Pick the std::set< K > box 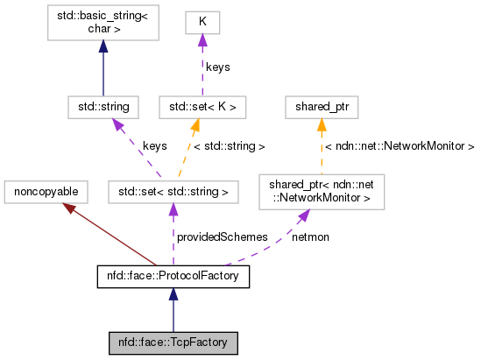click(202, 107)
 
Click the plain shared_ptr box click(322, 107)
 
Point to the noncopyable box click(42, 189)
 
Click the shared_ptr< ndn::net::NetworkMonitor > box click(322, 189)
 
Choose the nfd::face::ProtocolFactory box click(173, 278)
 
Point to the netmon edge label click(311, 237)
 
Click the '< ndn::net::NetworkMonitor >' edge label click(399, 146)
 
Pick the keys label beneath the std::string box click(154, 146)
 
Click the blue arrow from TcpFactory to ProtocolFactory click(173, 311)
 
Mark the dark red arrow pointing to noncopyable click(105, 232)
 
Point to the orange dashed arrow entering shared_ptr click(322, 140)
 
